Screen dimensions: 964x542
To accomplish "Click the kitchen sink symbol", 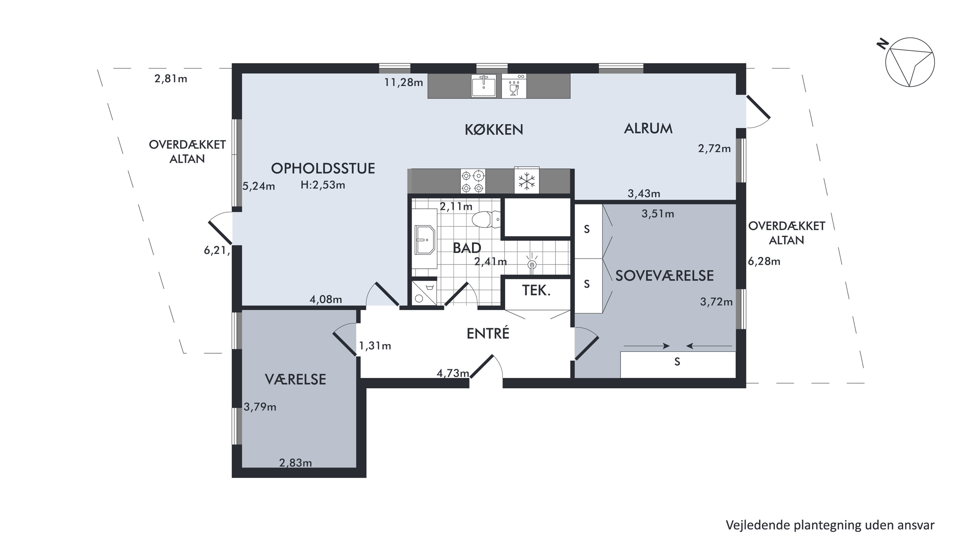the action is [x=484, y=86].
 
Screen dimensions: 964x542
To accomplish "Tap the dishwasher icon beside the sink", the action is [x=514, y=86].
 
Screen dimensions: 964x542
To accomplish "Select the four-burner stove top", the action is [x=473, y=181].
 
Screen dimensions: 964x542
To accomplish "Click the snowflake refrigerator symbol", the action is [x=527, y=181].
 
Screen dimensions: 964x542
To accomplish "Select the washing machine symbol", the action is [x=424, y=293].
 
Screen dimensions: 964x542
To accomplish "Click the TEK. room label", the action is [x=536, y=290].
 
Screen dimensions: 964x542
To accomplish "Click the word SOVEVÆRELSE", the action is [x=665, y=276].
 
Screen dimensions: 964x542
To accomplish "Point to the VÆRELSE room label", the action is [x=296, y=379].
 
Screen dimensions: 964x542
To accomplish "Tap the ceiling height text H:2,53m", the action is [x=323, y=185].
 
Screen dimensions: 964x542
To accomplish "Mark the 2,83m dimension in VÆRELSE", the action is [x=296, y=463].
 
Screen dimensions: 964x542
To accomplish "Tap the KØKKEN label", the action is [x=494, y=129].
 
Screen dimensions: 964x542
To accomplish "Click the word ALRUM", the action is [x=648, y=129].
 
